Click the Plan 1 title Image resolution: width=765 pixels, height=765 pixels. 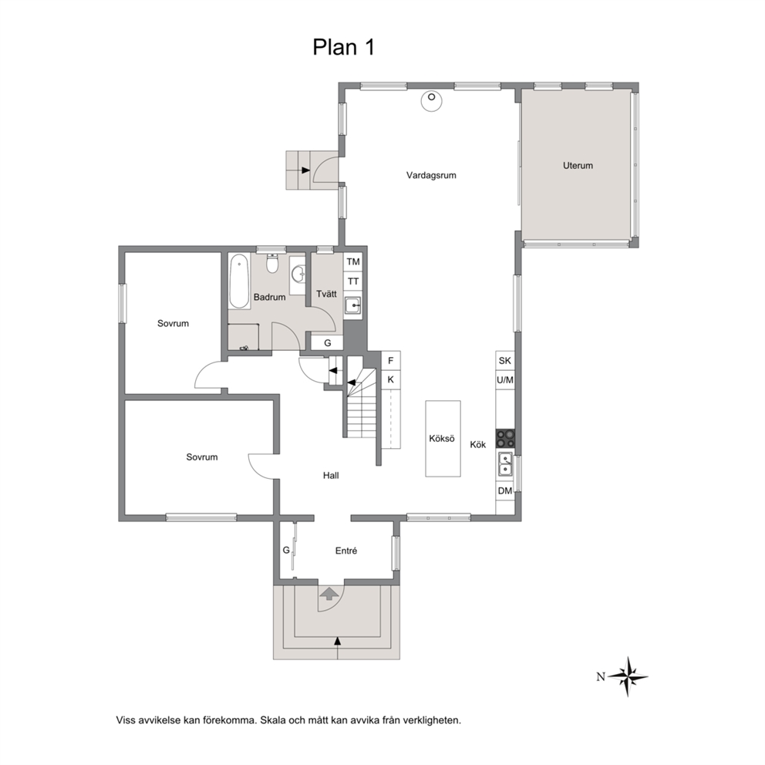[343, 47]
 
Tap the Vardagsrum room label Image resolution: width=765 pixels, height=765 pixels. [431, 175]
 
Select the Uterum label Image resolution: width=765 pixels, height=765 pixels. [578, 165]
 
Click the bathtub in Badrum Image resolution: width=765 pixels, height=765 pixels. [239, 281]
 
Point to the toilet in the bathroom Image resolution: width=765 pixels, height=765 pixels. [272, 264]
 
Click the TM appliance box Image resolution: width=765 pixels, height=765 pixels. [352, 262]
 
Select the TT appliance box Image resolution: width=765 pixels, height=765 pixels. [352, 281]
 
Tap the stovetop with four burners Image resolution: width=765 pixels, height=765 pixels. [505, 438]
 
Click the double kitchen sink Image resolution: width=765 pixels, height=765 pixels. [505, 463]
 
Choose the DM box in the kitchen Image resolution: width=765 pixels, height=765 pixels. [505, 490]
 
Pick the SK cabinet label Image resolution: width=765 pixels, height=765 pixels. [505, 361]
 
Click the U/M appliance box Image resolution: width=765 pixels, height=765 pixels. [505, 379]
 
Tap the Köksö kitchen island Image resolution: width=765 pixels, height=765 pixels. [443, 438]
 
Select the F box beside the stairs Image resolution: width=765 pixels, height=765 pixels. [390, 361]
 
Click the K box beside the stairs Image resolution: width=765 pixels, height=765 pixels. [390, 379]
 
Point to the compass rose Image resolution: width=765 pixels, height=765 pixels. [628, 676]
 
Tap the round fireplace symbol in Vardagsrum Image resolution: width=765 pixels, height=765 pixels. [431, 101]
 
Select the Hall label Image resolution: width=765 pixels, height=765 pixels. [331, 475]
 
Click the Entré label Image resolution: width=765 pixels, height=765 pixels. [346, 551]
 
